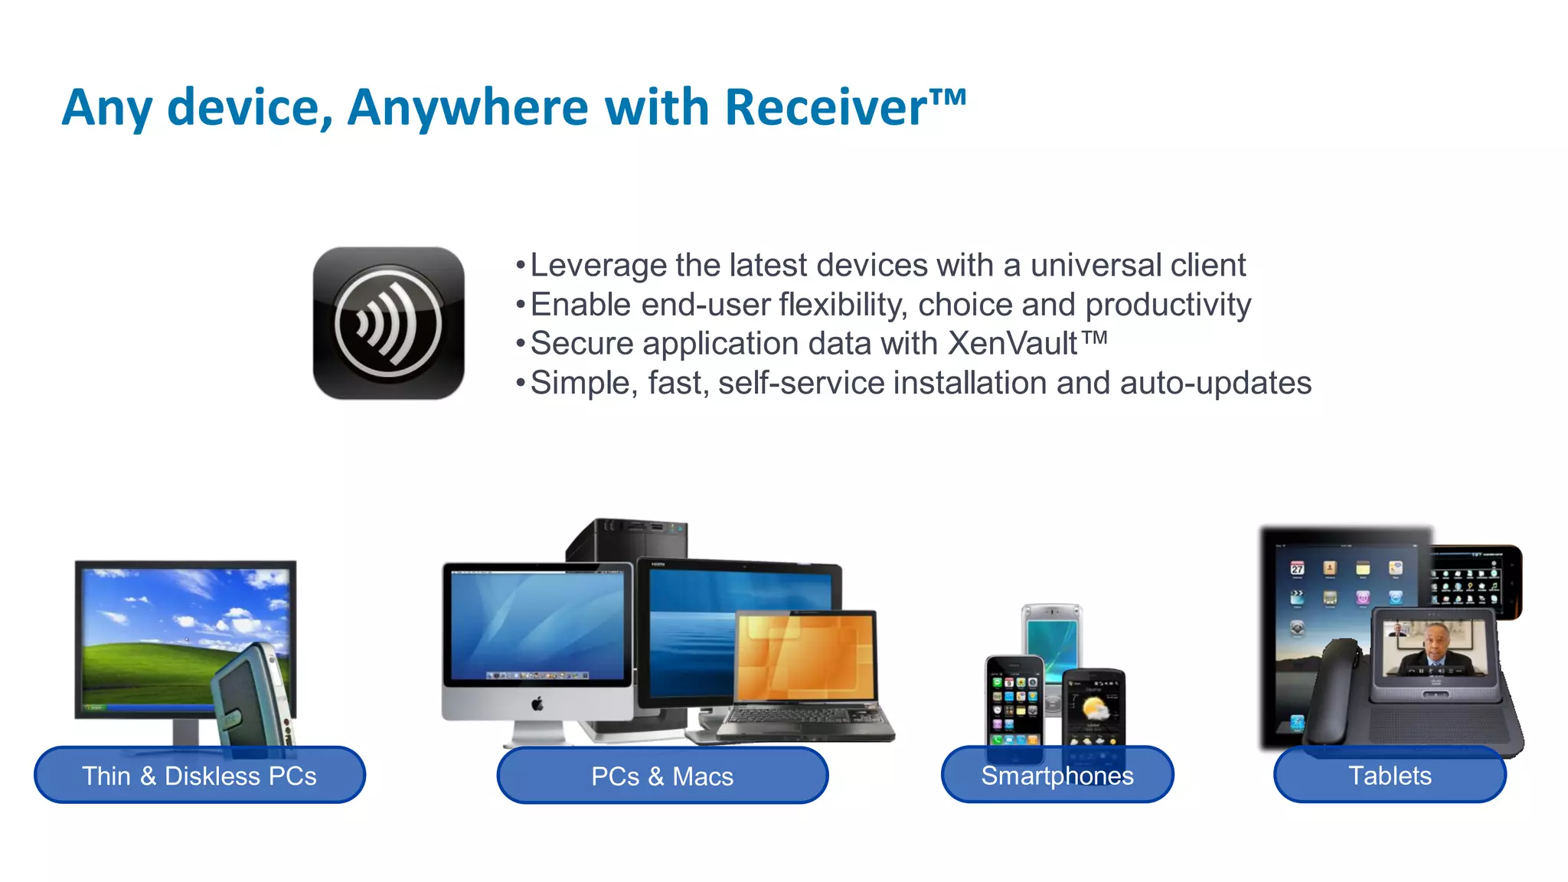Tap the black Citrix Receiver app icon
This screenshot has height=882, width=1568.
[388, 322]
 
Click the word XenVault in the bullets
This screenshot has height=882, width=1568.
[1012, 344]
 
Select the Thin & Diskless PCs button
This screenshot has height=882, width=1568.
[199, 775]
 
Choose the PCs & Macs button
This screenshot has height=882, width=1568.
[662, 776]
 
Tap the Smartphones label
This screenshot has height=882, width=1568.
[1057, 775]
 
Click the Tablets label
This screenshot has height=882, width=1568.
[1389, 775]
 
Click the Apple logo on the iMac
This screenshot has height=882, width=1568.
[537, 703]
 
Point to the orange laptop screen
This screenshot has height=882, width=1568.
[805, 657]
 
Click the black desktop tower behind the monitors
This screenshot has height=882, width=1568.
[626, 539]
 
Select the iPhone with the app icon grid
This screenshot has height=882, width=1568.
[1014, 701]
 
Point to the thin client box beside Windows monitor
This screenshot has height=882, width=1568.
[253, 697]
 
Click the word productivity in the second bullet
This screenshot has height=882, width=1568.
[1168, 305]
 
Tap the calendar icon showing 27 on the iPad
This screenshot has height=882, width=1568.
[1297, 567]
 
